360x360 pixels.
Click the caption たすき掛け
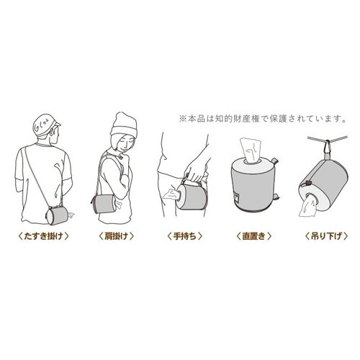pos(43,236)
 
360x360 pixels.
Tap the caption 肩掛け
pos(116,236)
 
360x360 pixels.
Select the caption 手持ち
pos(185,236)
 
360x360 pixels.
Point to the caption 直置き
pos(254,236)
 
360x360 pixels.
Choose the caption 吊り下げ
pos(326,236)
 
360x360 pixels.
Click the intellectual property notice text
pos(263,119)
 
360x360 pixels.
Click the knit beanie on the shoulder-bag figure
pos(124,126)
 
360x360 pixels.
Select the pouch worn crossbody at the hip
pos(57,215)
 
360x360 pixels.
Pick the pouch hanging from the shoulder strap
pos(104,204)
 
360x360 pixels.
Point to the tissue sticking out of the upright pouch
pos(251,150)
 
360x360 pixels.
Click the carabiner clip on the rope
pos(327,147)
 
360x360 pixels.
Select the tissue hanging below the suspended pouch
pos(307,205)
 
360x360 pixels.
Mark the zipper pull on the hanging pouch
pos(305,184)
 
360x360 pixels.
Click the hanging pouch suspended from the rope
pos(323,185)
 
